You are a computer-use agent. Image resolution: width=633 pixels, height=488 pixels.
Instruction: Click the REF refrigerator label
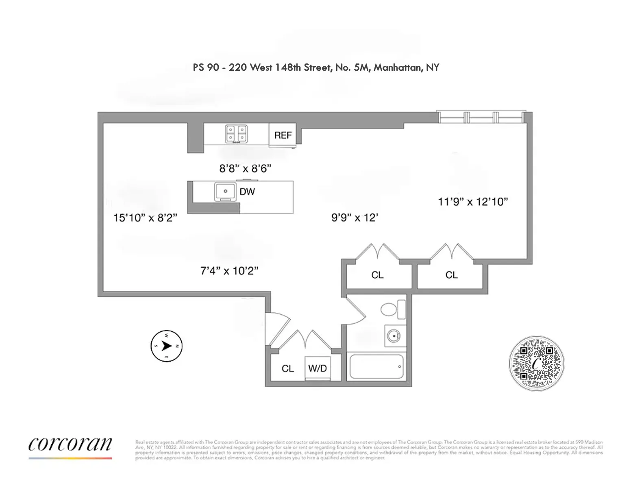tap(283, 135)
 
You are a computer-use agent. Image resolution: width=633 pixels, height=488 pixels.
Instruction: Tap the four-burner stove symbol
tap(236, 134)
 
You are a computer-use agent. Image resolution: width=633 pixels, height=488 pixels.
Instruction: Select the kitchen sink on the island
tap(225, 191)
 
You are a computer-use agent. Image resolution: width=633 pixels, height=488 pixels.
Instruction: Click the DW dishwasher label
tap(247, 192)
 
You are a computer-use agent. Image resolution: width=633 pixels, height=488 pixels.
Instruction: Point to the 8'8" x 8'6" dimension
tap(245, 168)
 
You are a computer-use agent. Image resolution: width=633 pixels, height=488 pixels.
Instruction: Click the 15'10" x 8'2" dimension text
tap(145, 218)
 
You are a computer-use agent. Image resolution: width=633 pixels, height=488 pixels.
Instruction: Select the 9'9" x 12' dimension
tap(355, 218)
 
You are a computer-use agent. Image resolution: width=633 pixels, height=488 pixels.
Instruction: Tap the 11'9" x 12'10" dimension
tap(473, 202)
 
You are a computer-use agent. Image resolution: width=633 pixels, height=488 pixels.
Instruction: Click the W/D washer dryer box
tap(318, 368)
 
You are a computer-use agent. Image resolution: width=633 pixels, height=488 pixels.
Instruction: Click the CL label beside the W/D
tap(288, 369)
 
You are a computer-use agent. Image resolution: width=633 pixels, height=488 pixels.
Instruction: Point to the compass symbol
tap(166, 346)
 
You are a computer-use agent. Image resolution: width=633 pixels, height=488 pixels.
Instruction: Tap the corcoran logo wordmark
tap(70, 444)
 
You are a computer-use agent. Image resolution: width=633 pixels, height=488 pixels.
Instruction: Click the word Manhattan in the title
tap(398, 68)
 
